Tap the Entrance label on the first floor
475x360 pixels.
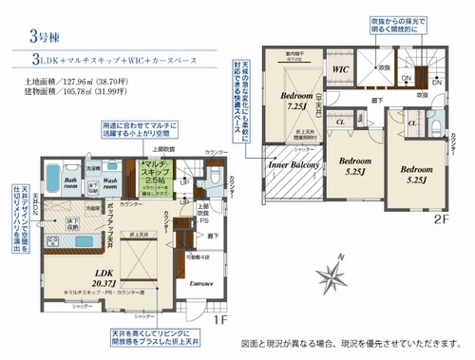click(202, 283)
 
